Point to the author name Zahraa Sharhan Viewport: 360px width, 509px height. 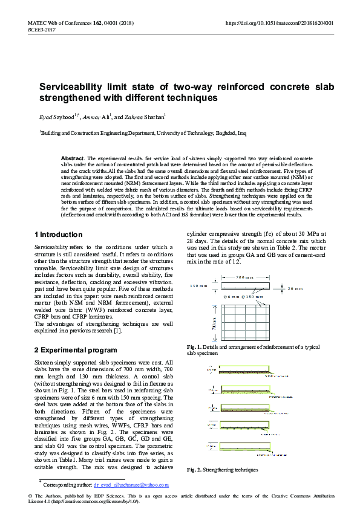(x=145, y=116)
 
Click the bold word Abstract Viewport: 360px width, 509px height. (x=73, y=158)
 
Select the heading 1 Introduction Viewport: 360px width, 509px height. (x=59, y=235)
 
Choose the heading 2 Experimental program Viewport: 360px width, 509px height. (x=76, y=349)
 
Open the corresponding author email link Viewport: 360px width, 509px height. (x=131, y=484)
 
